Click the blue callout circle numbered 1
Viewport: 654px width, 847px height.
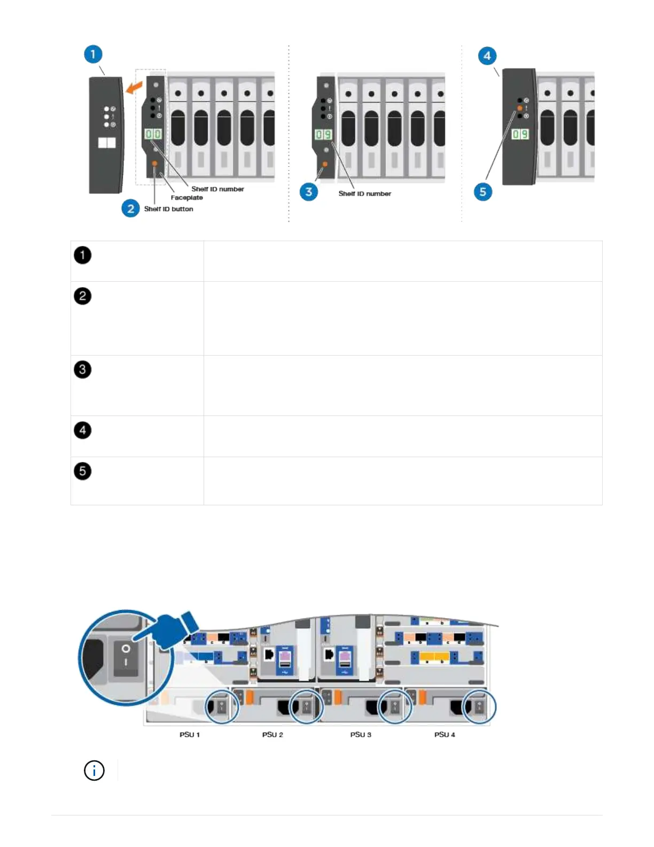(93, 54)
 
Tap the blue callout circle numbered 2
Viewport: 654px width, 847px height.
(130, 209)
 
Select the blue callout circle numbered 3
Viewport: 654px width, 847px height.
(308, 191)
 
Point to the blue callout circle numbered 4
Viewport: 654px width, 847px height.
(487, 56)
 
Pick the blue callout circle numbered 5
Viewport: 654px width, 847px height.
(482, 191)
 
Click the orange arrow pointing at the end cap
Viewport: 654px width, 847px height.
(134, 86)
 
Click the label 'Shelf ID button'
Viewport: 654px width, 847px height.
(168, 209)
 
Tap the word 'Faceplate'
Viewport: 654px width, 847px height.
(186, 198)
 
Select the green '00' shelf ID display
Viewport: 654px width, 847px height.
(153, 134)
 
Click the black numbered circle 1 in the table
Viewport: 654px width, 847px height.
(82, 255)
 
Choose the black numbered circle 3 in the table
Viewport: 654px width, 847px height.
(82, 369)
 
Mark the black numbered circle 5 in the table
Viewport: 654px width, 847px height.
(82, 471)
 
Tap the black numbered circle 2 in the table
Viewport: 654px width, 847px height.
(82, 296)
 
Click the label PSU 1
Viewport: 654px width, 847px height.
(190, 735)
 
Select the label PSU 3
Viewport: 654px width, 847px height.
(361, 735)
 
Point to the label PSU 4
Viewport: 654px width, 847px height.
(445, 735)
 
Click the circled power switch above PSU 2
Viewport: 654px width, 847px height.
(306, 707)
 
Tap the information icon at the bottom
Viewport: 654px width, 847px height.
(95, 771)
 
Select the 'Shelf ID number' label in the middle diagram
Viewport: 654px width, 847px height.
(364, 194)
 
